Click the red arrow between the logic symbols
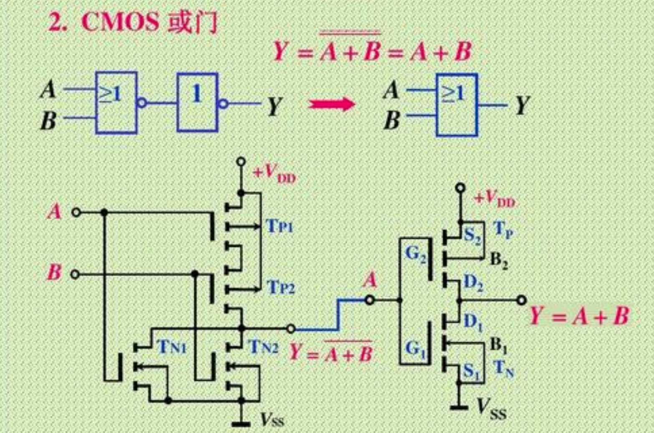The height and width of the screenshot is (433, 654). (x=331, y=103)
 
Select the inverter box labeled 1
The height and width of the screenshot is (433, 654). (x=197, y=102)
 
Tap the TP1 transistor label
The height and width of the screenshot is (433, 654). (x=280, y=226)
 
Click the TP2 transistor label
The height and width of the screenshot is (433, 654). (x=281, y=288)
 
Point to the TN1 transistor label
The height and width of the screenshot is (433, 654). (x=172, y=347)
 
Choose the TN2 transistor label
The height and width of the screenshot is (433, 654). (x=263, y=347)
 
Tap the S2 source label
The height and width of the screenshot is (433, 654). (x=472, y=236)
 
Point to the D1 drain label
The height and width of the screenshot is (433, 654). (x=473, y=322)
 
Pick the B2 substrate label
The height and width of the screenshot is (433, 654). (x=498, y=261)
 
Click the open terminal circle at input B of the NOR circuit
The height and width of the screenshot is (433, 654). (x=75, y=274)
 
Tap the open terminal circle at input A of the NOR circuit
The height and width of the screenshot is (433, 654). (x=76, y=213)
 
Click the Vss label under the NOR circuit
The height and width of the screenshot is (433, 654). (x=272, y=419)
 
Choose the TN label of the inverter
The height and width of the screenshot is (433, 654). (x=503, y=369)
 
